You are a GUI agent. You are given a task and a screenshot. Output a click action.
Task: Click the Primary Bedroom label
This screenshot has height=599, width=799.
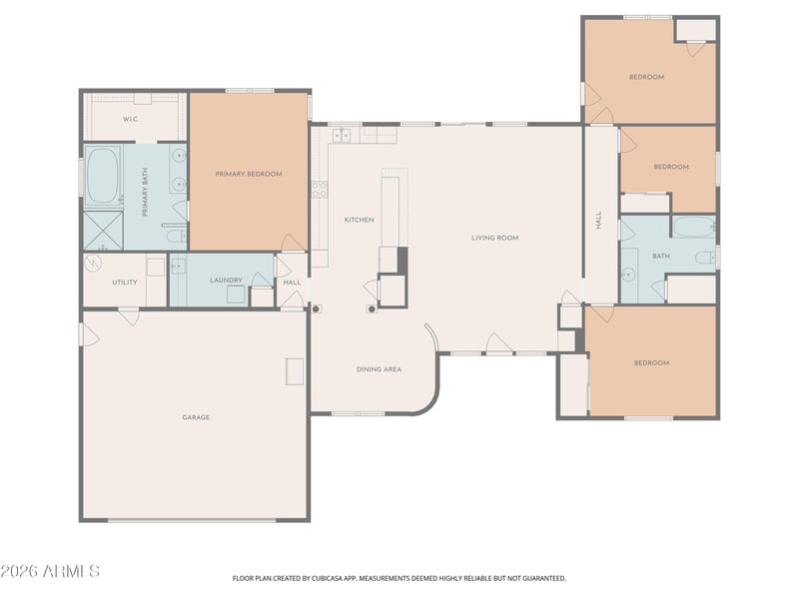coord(248,174)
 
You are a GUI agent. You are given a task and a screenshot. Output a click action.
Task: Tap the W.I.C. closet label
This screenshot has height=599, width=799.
coord(131,119)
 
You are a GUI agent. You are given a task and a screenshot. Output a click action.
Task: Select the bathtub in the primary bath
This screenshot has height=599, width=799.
coord(103,176)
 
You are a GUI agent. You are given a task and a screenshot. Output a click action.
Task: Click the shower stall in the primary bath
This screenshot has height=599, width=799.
coord(104,231)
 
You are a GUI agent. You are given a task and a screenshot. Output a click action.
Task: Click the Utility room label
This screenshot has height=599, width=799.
coord(125,283)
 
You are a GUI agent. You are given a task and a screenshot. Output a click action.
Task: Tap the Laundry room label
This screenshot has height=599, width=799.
coord(226,281)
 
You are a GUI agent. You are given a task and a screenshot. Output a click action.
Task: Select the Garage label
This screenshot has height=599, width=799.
coord(196,417)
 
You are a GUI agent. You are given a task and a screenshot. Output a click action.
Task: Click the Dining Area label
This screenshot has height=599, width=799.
coord(380,369)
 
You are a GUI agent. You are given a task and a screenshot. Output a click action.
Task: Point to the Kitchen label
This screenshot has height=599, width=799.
coord(360,220)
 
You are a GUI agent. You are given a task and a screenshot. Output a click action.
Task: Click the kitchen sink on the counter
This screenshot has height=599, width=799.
coord(342,136)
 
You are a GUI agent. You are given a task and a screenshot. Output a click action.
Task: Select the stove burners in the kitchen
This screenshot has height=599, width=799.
coord(320,190)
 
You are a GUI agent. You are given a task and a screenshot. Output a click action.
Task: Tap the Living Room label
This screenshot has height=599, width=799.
coord(494,238)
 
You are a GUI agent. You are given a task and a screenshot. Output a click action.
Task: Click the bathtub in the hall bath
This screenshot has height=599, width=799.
coord(694,227)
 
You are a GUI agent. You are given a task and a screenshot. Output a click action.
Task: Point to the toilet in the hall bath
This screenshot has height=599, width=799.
coord(706,258)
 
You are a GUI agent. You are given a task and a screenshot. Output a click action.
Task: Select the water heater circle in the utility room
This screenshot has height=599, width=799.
coord(94,263)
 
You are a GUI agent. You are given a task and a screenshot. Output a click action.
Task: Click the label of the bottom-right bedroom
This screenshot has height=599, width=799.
coord(652,363)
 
